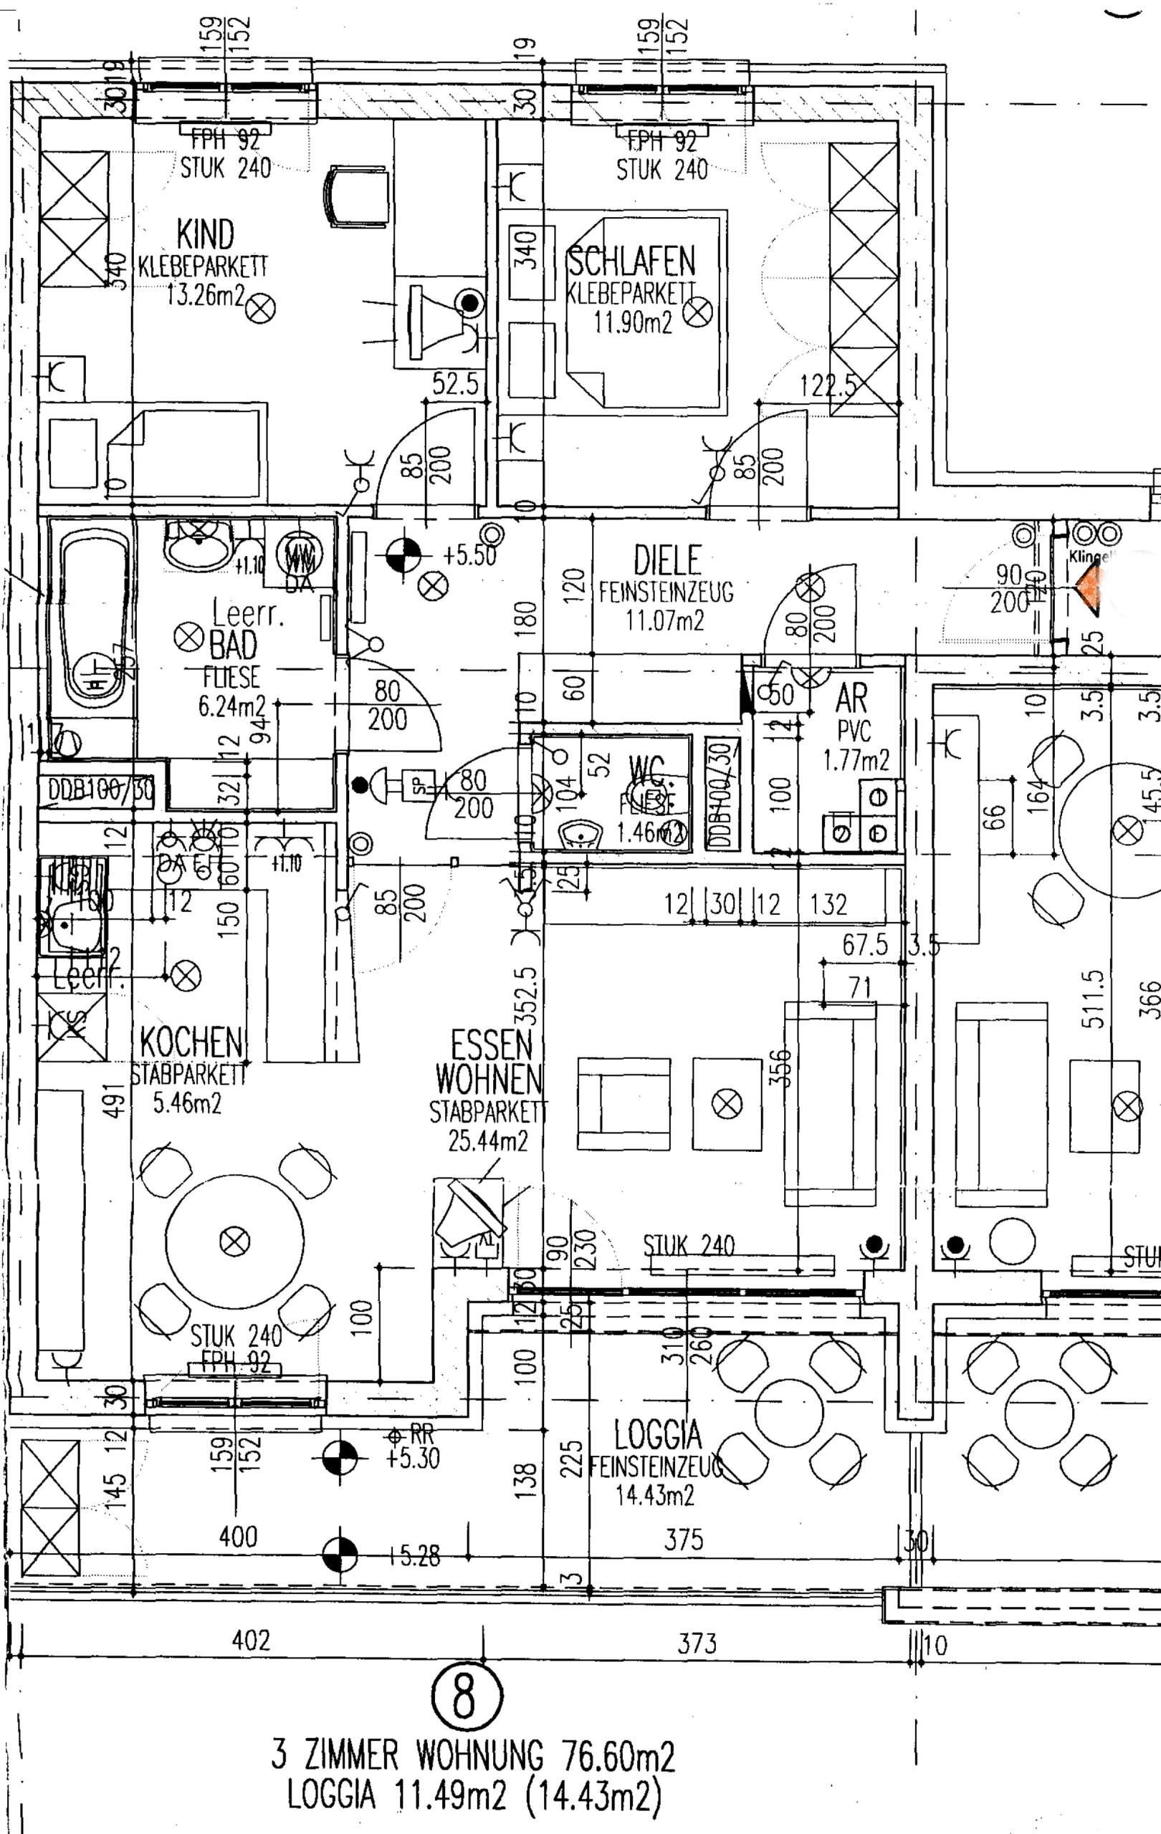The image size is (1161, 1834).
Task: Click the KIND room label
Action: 205,234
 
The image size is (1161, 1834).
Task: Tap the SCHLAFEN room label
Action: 631,262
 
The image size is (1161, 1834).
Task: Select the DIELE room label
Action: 667,560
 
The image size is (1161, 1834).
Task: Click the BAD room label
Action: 233,646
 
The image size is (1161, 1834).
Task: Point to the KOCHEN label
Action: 191,1041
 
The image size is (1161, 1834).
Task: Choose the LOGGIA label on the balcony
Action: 657,1436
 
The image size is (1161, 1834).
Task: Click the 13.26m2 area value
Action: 205,294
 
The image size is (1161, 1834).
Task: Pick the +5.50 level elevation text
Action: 469,555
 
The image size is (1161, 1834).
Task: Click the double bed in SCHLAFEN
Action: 644,312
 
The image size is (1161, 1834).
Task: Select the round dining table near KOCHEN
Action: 234,1242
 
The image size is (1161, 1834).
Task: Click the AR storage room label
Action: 851,698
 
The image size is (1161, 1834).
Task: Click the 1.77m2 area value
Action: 856,759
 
